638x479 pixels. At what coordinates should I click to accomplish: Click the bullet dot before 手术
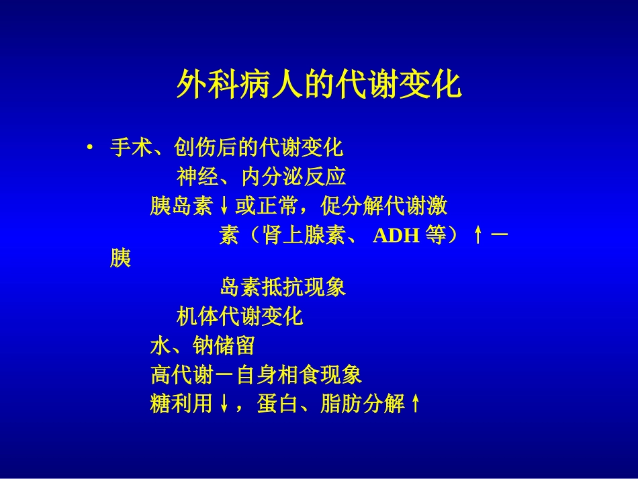pyautogui.click(x=89, y=147)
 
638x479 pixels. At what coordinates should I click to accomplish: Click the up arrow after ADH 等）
pyautogui.click(x=477, y=236)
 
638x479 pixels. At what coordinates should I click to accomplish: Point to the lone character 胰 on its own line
pyautogui.click(x=120, y=259)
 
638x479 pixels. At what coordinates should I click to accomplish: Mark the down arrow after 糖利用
pyautogui.click(x=224, y=404)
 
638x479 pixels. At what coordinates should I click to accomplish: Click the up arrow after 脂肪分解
pyautogui.click(x=415, y=404)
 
